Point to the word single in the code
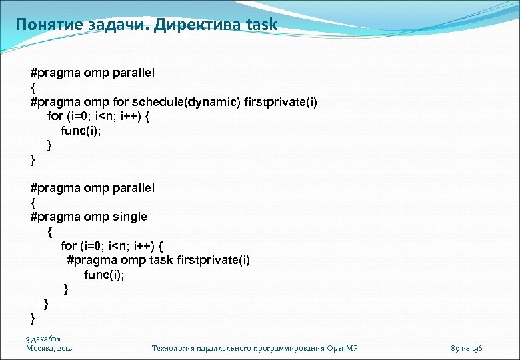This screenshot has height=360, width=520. point(130,217)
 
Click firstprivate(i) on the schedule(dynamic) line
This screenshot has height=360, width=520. point(281,101)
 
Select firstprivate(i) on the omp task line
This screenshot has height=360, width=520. point(213,260)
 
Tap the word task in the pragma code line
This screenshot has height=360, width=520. point(160,260)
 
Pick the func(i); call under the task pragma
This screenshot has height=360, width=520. point(105,275)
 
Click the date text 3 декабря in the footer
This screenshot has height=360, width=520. point(43,339)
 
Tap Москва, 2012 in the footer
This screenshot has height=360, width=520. point(49,348)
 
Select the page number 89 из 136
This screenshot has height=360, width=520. point(467,348)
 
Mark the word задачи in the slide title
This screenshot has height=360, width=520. point(109,25)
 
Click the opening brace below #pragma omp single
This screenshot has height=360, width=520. point(49,231)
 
